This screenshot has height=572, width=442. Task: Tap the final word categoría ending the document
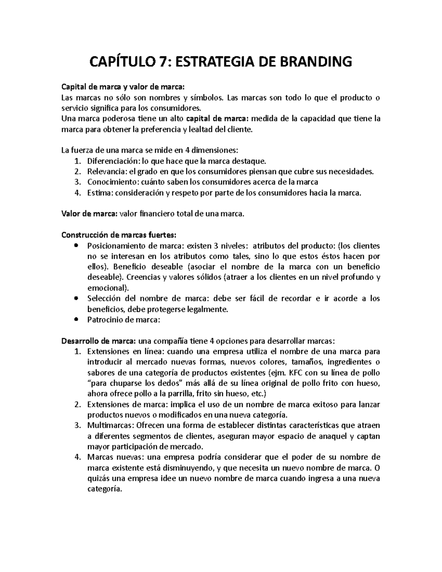[x=104, y=489]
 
